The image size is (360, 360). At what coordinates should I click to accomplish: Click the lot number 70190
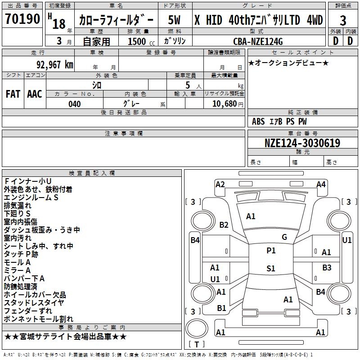coord(22,18)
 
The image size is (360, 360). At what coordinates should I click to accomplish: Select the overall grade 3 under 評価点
coord(343,20)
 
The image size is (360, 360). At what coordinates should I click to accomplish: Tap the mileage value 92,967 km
coord(55,64)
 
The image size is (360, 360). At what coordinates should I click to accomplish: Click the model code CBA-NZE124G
coord(258,41)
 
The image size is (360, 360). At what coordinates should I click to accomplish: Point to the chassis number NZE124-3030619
coord(302,143)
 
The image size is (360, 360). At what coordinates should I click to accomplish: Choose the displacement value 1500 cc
coord(141,41)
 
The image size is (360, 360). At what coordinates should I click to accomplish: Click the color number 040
coord(75,104)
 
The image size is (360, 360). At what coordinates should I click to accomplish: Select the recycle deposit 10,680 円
coord(228,104)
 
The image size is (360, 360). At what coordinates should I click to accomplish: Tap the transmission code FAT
coord(13,94)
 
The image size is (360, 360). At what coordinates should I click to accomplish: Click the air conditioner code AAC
coord(35,94)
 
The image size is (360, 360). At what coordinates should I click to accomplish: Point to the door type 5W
coord(174,20)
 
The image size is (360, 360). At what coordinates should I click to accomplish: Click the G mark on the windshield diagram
coord(284,237)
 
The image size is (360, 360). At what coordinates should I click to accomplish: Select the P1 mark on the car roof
coord(271,251)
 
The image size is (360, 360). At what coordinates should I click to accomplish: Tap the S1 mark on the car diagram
coord(271,268)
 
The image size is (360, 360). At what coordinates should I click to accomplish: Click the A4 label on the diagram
coord(321,184)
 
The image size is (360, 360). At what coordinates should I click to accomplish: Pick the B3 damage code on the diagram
coord(327,267)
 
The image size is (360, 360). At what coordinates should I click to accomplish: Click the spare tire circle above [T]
coord(197,328)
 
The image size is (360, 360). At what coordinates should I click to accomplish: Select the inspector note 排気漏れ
coord(18,206)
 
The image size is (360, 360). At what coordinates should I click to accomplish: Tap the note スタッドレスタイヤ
coord(34,302)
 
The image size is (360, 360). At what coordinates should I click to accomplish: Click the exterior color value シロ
coord(97,85)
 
